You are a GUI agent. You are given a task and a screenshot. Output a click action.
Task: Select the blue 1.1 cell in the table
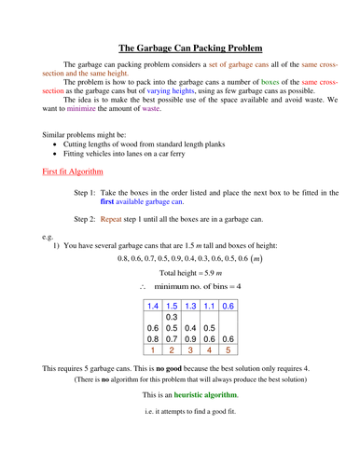pyautogui.click(x=210, y=306)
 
